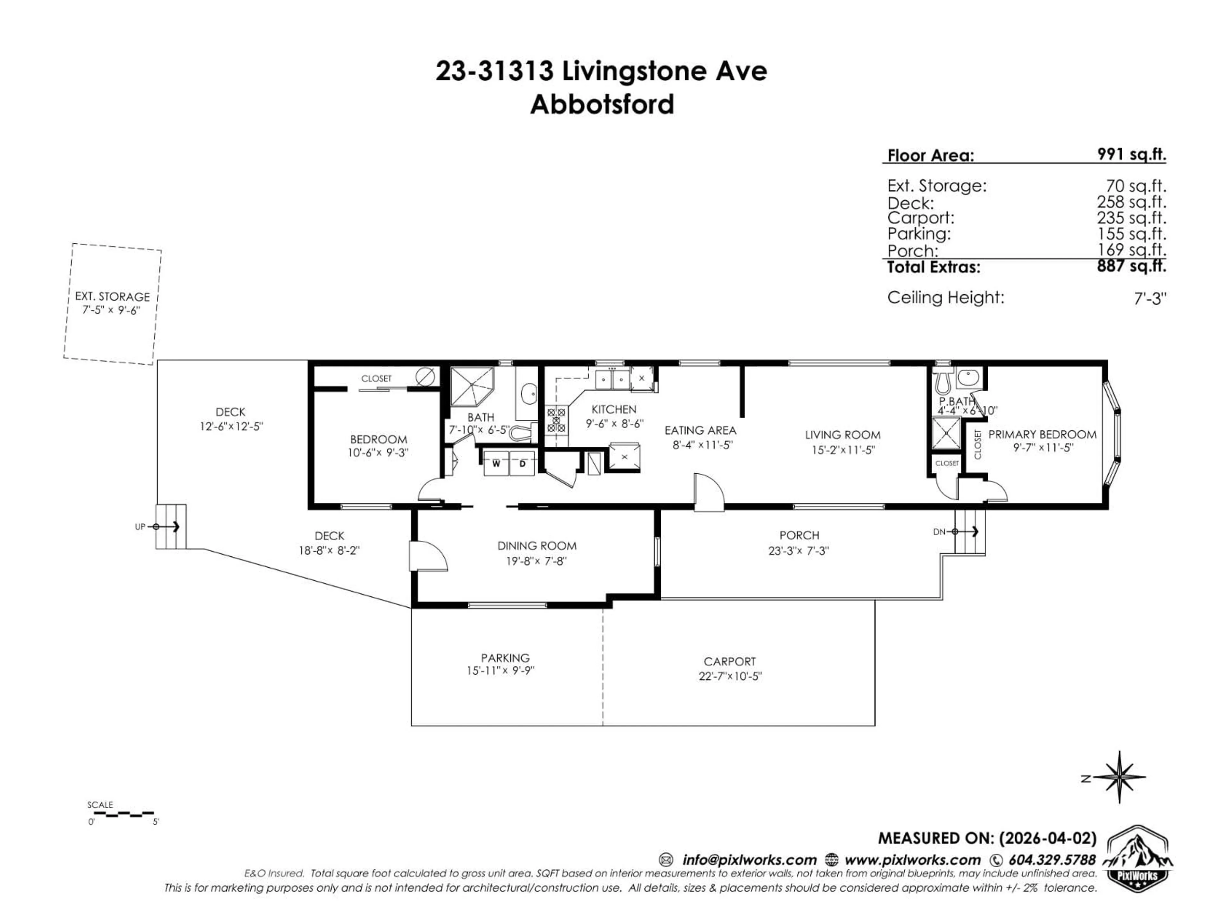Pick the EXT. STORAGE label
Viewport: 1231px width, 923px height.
[113, 296]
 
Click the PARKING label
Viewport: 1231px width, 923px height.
[505, 658]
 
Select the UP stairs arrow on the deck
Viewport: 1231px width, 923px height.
[167, 526]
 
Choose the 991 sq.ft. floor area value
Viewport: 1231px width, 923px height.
[1131, 154]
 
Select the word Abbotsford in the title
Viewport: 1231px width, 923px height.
[602, 104]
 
